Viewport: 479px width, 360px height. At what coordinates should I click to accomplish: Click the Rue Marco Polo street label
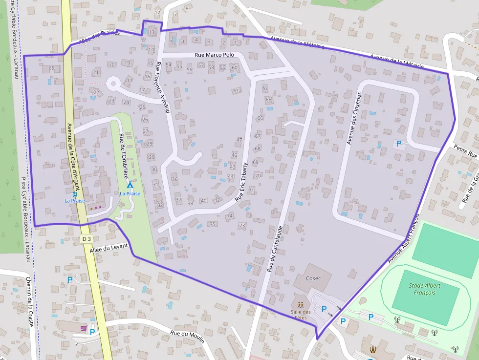(215, 55)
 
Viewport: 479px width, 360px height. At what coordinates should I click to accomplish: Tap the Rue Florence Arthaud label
(162, 87)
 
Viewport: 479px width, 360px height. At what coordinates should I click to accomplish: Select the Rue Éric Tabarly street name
(241, 182)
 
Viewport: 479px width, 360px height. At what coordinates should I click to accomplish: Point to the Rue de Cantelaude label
(274, 249)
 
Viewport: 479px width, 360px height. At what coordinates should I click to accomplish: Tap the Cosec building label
(313, 278)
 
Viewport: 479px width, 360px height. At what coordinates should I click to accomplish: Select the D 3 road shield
(87, 238)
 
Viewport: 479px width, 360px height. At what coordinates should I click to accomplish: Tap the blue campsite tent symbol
(130, 186)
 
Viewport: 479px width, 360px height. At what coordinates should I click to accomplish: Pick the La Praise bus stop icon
(75, 194)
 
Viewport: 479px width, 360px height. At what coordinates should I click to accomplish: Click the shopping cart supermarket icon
(83, 328)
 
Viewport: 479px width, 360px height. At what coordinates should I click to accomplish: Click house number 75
(212, 224)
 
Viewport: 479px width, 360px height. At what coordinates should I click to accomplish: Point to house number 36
(174, 179)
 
